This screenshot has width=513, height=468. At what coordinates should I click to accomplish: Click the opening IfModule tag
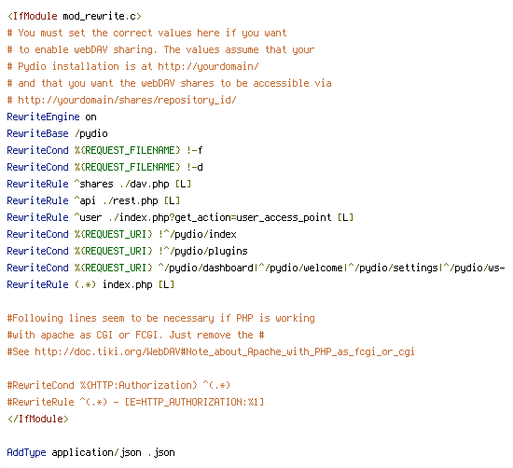click(x=32, y=16)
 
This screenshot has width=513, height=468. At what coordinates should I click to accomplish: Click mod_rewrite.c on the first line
click(x=102, y=16)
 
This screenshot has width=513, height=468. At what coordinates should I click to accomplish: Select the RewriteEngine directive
click(x=43, y=117)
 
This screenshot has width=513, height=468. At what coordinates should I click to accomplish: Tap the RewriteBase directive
click(x=37, y=133)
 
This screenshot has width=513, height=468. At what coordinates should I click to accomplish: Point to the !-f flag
click(x=195, y=150)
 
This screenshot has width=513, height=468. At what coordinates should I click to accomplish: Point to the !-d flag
click(x=195, y=167)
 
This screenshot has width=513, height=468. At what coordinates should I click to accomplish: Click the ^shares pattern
click(x=93, y=184)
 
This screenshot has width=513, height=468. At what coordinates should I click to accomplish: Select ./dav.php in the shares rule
click(x=144, y=185)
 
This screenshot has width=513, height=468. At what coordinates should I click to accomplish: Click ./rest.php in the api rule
click(x=131, y=200)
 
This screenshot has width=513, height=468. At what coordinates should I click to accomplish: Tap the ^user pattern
click(x=88, y=217)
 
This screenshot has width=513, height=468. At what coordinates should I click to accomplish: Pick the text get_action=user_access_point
click(x=253, y=218)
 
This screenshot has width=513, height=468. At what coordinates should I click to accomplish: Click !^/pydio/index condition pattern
click(x=198, y=235)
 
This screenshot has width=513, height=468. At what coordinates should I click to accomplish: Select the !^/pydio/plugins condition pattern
click(x=203, y=251)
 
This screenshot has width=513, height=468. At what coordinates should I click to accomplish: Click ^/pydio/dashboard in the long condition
click(x=206, y=268)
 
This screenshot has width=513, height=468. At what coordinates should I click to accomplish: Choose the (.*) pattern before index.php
click(x=85, y=284)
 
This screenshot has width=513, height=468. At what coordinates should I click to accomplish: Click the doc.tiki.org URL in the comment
click(x=225, y=351)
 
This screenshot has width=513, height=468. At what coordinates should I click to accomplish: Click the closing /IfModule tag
click(x=38, y=419)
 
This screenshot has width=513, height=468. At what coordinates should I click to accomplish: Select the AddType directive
click(x=26, y=453)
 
